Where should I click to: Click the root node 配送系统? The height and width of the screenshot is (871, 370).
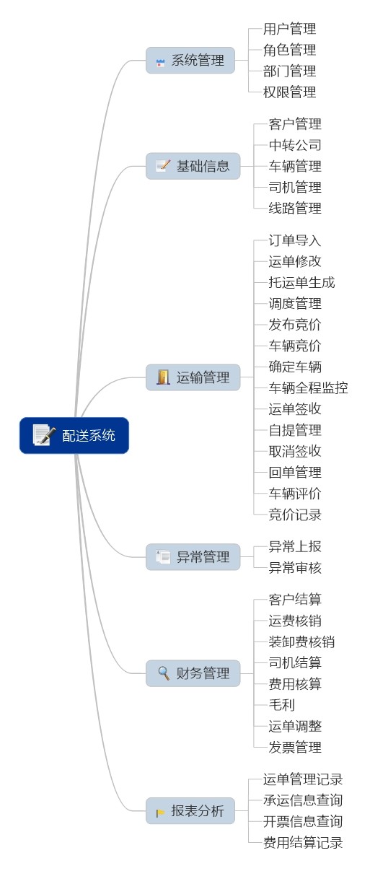click(x=74, y=435)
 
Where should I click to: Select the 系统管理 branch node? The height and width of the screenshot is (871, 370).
click(x=190, y=61)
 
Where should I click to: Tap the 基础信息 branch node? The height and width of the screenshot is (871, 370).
click(x=193, y=166)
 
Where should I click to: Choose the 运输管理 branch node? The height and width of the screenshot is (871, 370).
click(x=193, y=377)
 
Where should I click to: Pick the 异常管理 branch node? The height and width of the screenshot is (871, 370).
click(x=193, y=557)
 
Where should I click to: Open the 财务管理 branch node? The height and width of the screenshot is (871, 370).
click(x=193, y=673)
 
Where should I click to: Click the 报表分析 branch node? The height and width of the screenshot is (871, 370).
click(x=190, y=810)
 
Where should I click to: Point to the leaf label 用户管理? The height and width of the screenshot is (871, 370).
click(x=289, y=29)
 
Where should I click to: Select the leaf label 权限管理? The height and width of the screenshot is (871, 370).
click(x=289, y=92)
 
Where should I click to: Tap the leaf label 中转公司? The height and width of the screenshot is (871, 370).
click(x=295, y=145)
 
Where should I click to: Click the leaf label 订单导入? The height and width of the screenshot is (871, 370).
click(x=295, y=240)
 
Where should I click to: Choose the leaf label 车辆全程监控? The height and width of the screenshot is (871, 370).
click(x=308, y=388)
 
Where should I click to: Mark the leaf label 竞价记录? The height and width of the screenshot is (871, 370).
click(x=295, y=515)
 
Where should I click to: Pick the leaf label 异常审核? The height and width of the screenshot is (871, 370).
click(x=295, y=568)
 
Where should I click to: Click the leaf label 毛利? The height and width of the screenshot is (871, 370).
click(x=282, y=704)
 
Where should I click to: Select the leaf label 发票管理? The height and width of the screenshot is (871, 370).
click(x=295, y=747)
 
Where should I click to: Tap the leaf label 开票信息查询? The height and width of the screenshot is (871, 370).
click(x=303, y=821)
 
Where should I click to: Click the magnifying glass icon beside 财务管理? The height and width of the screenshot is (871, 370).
click(x=164, y=673)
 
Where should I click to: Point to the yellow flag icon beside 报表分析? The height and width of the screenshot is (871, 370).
click(x=160, y=813)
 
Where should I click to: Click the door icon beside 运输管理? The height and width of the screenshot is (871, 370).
click(x=164, y=377)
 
